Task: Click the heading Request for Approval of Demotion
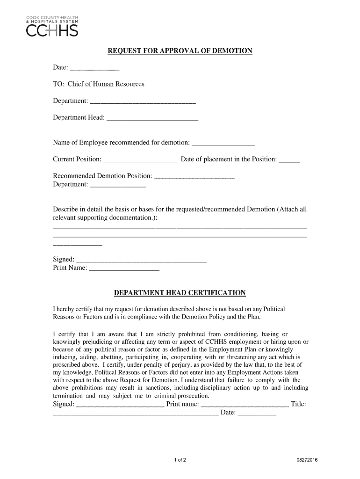pos(180,51)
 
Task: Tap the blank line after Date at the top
pos(94,69)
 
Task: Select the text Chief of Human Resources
pos(106,84)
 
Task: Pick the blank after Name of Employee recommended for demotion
pos(223,143)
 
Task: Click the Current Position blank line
pos(140,160)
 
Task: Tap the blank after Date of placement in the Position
pos(289,160)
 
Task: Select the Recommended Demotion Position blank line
pos(194,177)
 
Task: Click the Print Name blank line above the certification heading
pos(124,269)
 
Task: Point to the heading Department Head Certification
pos(180,293)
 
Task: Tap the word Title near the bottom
pos(298,404)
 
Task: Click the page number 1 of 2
pos(180,460)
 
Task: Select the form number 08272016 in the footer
pos(307,460)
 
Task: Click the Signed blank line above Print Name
pos(141,261)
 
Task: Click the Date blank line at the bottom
pos(257,414)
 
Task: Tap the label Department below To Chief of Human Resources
pos(70,102)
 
